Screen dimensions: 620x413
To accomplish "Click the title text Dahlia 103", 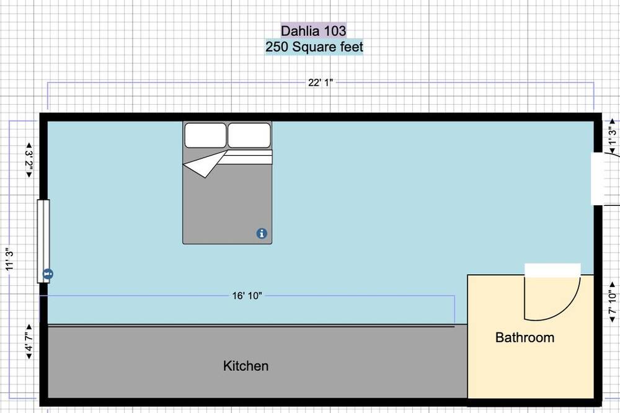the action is coord(313,30).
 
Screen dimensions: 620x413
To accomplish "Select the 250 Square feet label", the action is coord(314,47).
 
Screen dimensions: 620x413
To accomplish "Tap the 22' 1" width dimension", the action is coord(321,82).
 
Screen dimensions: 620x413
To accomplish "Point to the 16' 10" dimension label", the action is coord(247,296).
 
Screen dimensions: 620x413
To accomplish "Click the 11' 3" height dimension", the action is coord(9,259).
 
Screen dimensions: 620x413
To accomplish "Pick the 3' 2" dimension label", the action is coord(29,160).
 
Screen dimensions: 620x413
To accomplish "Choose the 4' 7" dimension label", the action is coord(29,342).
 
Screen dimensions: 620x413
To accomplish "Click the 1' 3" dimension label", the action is coord(612,136).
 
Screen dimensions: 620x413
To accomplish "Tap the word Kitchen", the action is coord(246,366).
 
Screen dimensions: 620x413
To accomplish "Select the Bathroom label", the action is coord(525,337).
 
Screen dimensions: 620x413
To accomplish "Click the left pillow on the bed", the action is coord(205,135).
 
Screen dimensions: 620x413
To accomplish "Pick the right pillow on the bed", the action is coord(249,135).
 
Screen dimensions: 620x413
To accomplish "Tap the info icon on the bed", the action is coord(262,233).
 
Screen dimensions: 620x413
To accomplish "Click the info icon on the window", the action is coord(48,273).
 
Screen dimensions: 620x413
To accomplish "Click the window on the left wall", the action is coord(43,241).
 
